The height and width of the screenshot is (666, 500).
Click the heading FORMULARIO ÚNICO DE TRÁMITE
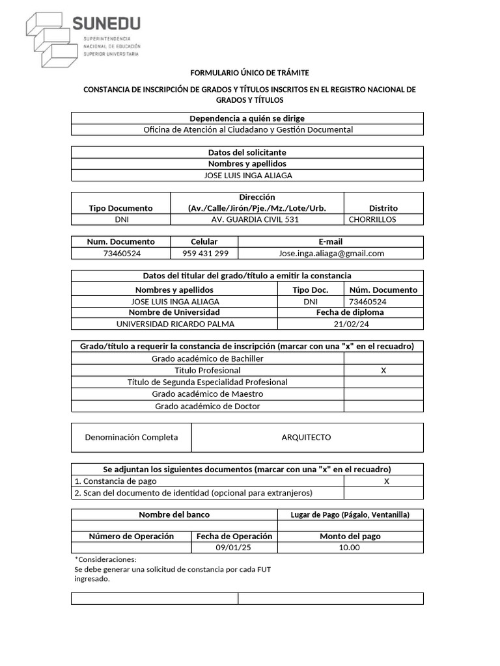[249, 72]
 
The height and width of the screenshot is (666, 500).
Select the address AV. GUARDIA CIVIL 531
[256, 219]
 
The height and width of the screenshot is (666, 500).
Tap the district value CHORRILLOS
[372, 219]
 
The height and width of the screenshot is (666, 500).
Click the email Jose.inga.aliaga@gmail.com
[331, 253]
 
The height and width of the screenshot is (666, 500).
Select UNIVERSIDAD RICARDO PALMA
[174, 324]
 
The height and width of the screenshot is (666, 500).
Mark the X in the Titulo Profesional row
[383, 370]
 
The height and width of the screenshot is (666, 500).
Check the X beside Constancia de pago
[386, 481]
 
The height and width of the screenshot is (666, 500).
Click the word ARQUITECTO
[306, 437]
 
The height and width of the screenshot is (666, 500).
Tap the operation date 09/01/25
[233, 548]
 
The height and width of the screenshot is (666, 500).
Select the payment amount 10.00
[349, 548]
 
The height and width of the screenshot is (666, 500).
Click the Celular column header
[204, 241]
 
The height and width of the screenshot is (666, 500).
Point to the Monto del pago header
[350, 537]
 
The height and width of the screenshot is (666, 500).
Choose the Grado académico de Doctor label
[207, 406]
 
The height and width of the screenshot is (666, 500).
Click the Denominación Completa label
[131, 437]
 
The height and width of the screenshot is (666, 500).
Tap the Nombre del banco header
[174, 514]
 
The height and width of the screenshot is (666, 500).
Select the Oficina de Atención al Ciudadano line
[247, 129]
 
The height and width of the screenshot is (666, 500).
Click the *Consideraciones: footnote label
[105, 559]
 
